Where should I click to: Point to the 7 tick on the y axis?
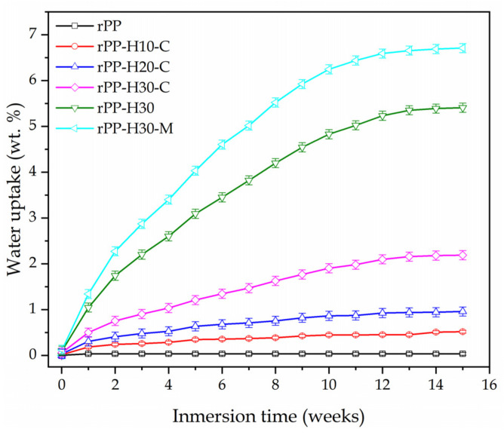pos(41,34)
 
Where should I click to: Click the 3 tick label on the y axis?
pos(41,218)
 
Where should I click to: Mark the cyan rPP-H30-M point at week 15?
pos(462,47)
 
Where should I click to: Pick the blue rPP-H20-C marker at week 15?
pos(462,311)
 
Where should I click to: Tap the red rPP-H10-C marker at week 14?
pos(435,332)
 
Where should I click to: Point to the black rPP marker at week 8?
pos(275,354)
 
